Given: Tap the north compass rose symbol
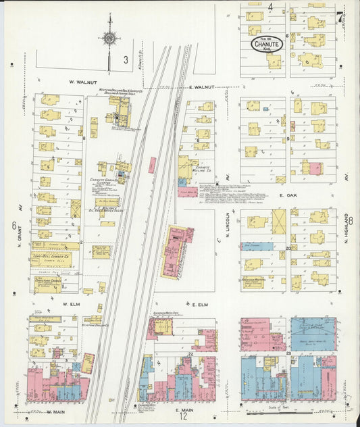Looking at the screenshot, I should click(x=109, y=39).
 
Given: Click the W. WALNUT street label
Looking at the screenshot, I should click(x=80, y=82).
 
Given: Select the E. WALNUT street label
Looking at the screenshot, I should click(x=201, y=87).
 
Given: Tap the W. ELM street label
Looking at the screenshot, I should click(x=72, y=304).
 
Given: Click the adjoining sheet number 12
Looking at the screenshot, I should click(x=183, y=417).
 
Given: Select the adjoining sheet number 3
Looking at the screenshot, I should click(x=126, y=60).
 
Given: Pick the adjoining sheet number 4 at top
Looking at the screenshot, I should click(x=269, y=7).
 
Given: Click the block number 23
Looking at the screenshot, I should click(x=288, y=353).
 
